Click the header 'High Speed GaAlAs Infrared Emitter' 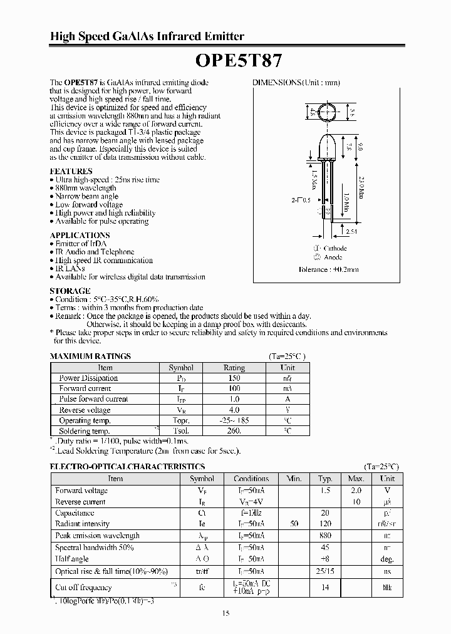(147, 36)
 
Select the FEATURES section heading (71, 171)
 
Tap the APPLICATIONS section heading (80, 235)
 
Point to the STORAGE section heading (70, 291)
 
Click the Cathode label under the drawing (335, 248)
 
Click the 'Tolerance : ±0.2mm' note (328, 269)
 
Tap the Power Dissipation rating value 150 (234, 378)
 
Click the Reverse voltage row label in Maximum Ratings (85, 410)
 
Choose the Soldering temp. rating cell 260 (234, 431)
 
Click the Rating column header (234, 368)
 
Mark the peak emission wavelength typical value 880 (324, 536)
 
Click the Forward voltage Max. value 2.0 (356, 491)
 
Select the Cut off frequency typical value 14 (324, 587)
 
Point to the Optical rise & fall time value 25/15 (324, 571)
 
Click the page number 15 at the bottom (225, 613)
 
